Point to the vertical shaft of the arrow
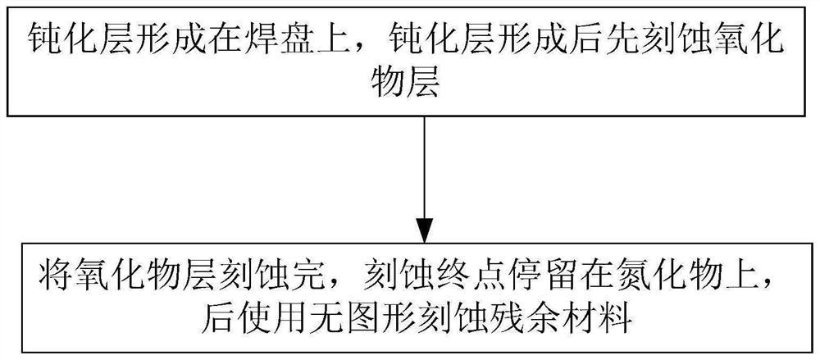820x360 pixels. tap(423, 164)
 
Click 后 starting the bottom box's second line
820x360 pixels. tap(216, 315)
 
